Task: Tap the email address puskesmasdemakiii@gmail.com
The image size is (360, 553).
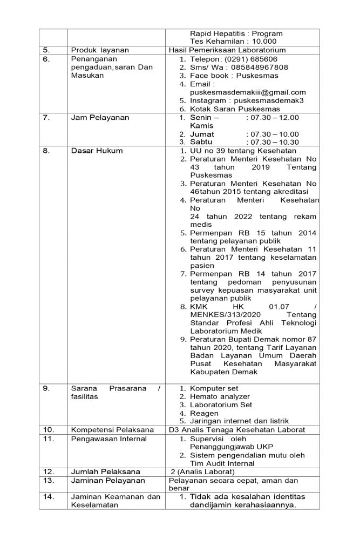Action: [x=248, y=92]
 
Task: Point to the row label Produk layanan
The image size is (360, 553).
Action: [x=97, y=50]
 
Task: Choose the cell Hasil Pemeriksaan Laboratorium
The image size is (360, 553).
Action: [x=227, y=50]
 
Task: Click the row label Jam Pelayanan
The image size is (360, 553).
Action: [x=100, y=117]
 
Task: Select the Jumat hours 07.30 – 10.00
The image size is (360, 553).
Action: [x=272, y=134]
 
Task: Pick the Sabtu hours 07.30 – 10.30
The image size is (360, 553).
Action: [x=272, y=142]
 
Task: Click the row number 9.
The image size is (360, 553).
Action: [x=46, y=388]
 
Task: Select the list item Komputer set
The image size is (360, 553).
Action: [x=214, y=388]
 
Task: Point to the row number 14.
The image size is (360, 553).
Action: [x=49, y=496]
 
